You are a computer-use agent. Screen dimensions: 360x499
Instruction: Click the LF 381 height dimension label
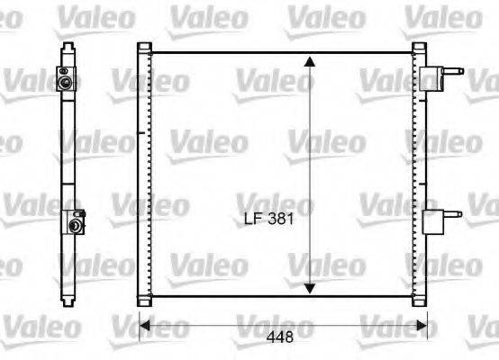(270, 218)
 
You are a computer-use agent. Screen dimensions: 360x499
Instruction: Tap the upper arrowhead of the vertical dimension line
(310, 61)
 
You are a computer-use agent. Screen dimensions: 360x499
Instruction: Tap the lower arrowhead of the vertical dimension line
(310, 287)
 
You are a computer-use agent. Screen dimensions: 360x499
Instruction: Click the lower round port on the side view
(71, 221)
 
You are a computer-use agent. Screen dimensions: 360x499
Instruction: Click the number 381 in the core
(283, 218)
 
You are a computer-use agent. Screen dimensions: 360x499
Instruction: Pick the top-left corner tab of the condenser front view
(144, 47)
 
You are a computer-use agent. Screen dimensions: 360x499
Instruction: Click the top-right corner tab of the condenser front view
(418, 47)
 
